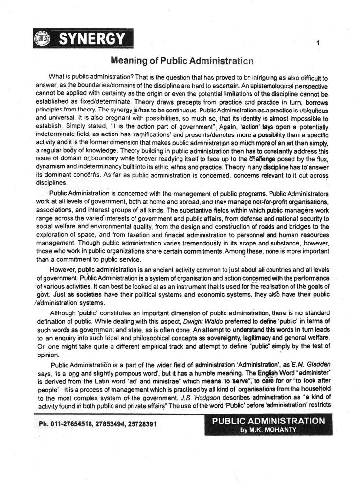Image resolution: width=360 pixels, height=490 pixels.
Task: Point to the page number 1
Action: (x=318, y=43)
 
